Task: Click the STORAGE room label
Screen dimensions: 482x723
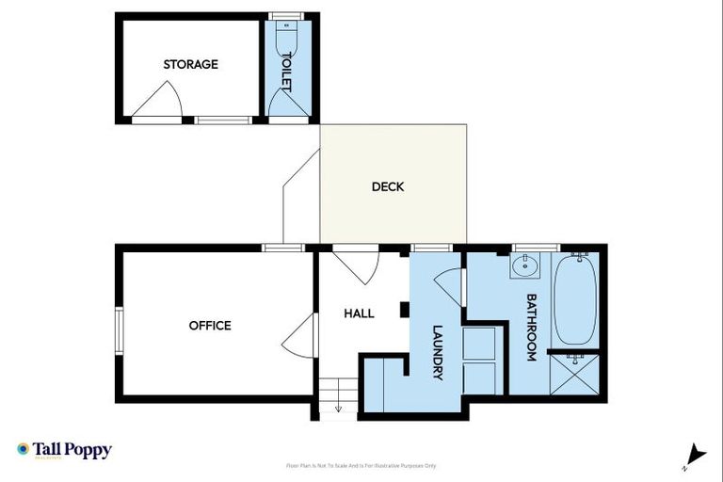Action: pyautogui.click(x=190, y=64)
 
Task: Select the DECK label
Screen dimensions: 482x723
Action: pyautogui.click(x=387, y=186)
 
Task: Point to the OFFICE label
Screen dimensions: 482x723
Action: pyautogui.click(x=210, y=326)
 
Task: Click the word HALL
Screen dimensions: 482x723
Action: pyautogui.click(x=359, y=313)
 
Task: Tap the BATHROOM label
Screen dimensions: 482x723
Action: pyautogui.click(x=531, y=328)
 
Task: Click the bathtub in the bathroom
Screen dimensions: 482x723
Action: pyautogui.click(x=574, y=299)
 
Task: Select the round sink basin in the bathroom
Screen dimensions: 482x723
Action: pyautogui.click(x=525, y=267)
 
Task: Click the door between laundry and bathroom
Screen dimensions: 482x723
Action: pyautogui.click(x=452, y=286)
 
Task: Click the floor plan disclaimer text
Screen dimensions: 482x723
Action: pyautogui.click(x=361, y=465)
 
